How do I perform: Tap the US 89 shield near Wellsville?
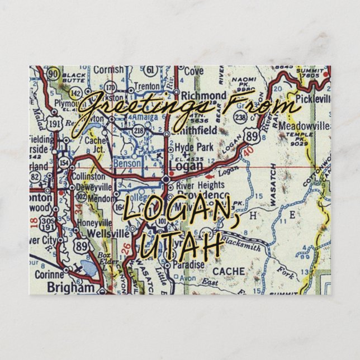click(x=82, y=247)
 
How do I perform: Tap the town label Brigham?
click(x=72, y=287)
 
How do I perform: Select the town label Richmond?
click(x=203, y=95)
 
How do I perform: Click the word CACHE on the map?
click(x=229, y=271)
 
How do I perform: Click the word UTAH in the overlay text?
click(x=178, y=246)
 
